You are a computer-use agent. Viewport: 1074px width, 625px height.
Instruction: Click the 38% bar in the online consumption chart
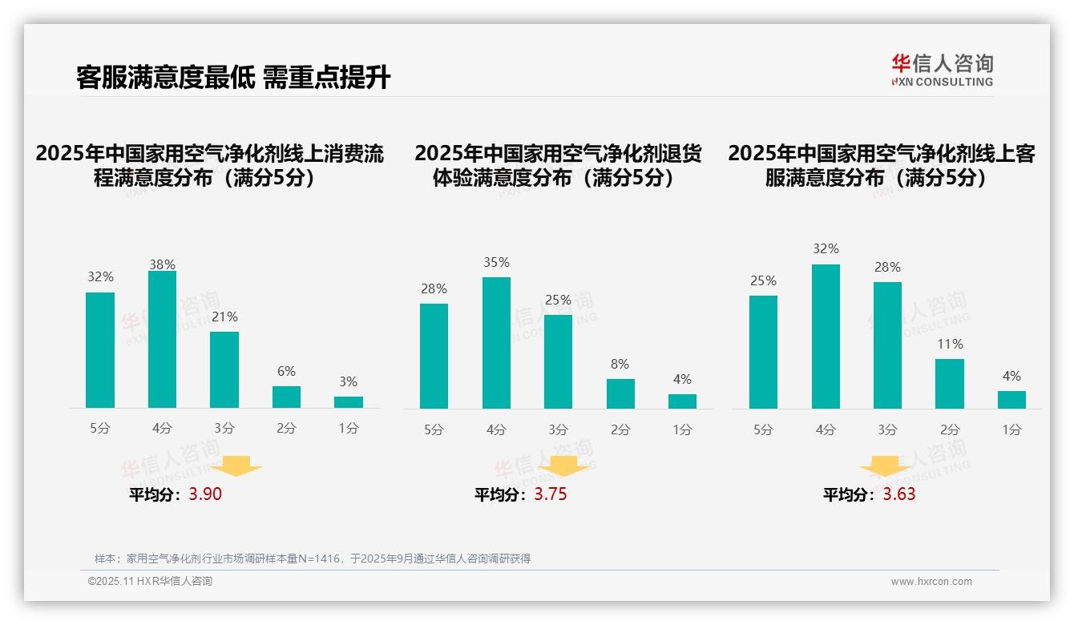(162, 340)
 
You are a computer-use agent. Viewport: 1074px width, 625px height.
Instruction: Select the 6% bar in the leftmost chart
(286, 397)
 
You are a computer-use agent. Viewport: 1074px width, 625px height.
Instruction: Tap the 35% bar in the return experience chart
(496, 343)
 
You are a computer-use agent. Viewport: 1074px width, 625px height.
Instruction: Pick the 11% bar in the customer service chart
(950, 384)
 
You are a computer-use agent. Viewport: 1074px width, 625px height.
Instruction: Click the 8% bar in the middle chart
(620, 393)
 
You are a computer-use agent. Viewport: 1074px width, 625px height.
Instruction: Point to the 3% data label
(348, 382)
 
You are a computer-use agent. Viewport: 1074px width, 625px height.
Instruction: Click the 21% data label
(224, 317)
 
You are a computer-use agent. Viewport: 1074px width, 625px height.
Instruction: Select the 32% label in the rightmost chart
(826, 249)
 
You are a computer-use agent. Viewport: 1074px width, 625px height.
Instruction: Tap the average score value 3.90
(205, 494)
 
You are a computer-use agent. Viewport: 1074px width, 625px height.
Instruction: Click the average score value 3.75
(550, 494)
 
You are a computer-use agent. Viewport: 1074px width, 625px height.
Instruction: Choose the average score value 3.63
(898, 494)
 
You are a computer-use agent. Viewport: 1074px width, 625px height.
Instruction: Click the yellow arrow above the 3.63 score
(885, 466)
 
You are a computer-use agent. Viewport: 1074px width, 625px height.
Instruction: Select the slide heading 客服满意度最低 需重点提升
(233, 78)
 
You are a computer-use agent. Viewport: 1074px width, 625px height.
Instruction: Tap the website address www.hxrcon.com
(931, 582)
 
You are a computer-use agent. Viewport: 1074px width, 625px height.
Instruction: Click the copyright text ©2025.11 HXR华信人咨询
(150, 582)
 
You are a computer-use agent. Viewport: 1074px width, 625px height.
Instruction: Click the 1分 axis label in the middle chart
(682, 430)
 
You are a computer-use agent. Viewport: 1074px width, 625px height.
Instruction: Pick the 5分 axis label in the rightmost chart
(763, 430)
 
